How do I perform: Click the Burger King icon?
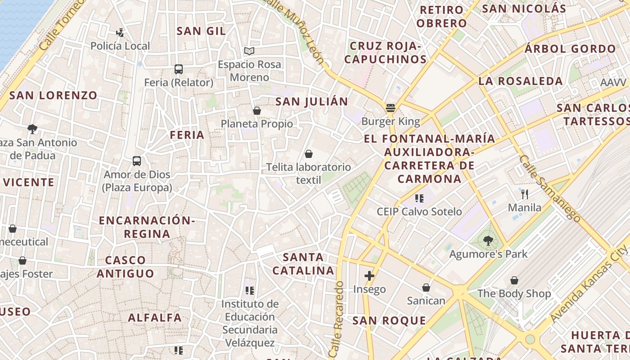[390, 108]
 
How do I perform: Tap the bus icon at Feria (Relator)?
[179, 69]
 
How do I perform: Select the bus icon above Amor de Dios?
[137, 161]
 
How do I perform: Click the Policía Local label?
[120, 46]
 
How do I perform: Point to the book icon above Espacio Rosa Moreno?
[249, 51]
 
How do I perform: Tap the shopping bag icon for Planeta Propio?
[257, 110]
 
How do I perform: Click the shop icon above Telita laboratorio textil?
[309, 154]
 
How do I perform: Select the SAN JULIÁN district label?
[312, 102]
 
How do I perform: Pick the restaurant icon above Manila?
[524, 194]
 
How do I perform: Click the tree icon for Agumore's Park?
[488, 241]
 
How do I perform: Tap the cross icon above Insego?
[369, 275]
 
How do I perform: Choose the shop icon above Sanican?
[426, 287]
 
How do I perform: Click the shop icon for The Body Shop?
[514, 280]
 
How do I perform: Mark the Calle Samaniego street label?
[549, 188]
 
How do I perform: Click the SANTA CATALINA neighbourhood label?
[304, 264]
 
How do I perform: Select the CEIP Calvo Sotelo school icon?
[420, 198]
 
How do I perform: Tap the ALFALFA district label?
[155, 318]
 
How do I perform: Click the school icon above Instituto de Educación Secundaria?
[250, 291]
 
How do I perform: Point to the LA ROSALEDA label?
[520, 81]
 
